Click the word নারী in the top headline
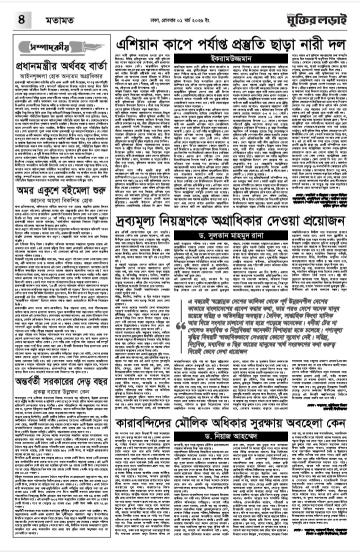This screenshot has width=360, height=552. pos(293,47)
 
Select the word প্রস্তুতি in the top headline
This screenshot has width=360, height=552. pos(220,47)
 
